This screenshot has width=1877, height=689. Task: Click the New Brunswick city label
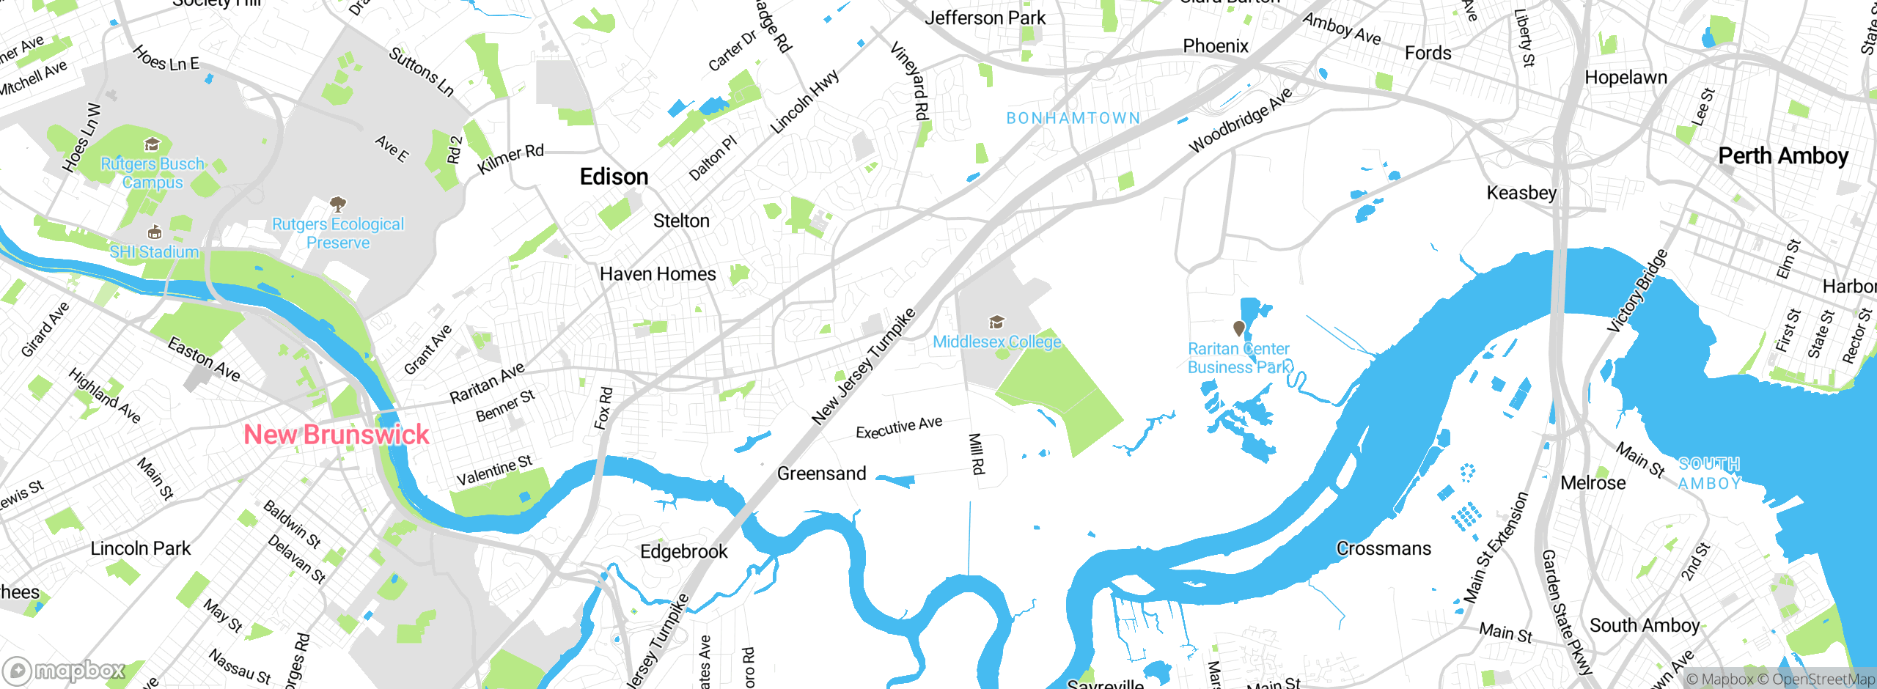tap(336, 434)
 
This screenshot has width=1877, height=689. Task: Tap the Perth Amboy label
tap(1782, 156)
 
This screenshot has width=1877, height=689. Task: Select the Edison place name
tap(614, 177)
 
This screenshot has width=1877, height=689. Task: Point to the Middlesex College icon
tap(996, 322)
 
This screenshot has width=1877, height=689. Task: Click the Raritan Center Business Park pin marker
tap(1238, 328)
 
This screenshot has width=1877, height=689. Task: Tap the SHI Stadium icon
tap(154, 232)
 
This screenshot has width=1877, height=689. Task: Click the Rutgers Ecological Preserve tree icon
tap(337, 203)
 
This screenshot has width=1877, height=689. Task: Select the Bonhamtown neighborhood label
tap(1073, 118)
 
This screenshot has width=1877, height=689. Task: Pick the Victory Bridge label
tap(1637, 291)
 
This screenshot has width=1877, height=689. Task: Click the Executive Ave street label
tap(899, 427)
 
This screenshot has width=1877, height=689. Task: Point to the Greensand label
tap(821, 474)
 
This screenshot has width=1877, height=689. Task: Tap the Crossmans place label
tap(1383, 548)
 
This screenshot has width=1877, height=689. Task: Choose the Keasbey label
tap(1521, 193)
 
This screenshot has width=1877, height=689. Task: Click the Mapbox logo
tap(65, 670)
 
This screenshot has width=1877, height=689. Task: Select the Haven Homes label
tap(658, 274)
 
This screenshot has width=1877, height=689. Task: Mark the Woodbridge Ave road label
tap(1240, 121)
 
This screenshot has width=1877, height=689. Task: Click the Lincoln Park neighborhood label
tap(140, 548)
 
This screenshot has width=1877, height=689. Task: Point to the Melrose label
tap(1593, 482)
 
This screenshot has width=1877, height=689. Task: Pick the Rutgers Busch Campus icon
tap(152, 144)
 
